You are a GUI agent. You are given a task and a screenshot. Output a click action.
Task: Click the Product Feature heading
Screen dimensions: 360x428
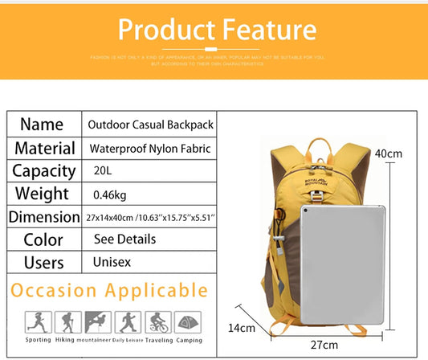[x=216, y=30]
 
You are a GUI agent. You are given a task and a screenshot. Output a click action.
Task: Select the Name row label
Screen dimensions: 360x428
[x=42, y=125]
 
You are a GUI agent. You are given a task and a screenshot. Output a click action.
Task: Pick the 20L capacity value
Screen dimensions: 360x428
[x=104, y=171]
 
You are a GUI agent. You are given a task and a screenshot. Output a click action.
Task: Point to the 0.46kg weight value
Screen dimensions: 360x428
[x=110, y=194]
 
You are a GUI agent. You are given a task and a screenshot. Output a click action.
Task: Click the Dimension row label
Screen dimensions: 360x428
[x=44, y=217]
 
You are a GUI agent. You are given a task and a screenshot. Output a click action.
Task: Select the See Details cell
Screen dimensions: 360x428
[x=124, y=239]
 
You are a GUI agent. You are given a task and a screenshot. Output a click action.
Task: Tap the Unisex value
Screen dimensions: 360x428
[x=112, y=263]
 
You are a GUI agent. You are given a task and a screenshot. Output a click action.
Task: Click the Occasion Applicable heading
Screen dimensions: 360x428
[x=108, y=290]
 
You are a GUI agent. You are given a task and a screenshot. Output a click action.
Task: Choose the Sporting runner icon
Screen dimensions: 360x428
[x=39, y=323]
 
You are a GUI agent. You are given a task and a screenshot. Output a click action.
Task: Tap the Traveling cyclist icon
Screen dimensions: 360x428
[x=157, y=323]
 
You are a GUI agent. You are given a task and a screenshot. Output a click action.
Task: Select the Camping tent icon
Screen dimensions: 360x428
[x=187, y=323]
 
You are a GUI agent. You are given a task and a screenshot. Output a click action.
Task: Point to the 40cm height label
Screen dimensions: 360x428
[x=389, y=153]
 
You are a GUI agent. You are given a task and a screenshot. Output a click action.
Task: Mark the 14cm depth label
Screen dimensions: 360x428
[x=242, y=328]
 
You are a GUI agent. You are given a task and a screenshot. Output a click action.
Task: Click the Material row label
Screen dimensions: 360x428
[x=45, y=148]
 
